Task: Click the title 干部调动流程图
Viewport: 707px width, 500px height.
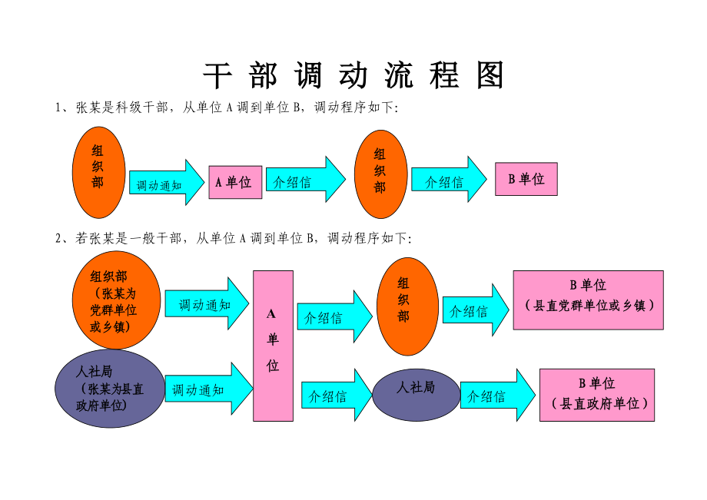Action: [353, 76]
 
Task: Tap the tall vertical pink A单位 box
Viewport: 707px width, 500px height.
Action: [273, 346]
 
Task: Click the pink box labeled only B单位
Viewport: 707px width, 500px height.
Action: [526, 179]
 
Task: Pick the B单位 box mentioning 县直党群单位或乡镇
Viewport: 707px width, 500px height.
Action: [588, 300]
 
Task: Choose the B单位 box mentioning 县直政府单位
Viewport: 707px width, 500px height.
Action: [596, 395]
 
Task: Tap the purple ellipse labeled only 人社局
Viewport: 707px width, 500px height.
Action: [416, 389]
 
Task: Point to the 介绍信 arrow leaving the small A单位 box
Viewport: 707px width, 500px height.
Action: [304, 180]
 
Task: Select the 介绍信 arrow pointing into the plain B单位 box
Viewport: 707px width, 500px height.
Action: [449, 180]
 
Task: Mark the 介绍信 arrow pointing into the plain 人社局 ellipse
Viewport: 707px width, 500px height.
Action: [336, 396]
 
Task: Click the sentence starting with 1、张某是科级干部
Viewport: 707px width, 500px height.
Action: [227, 108]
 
